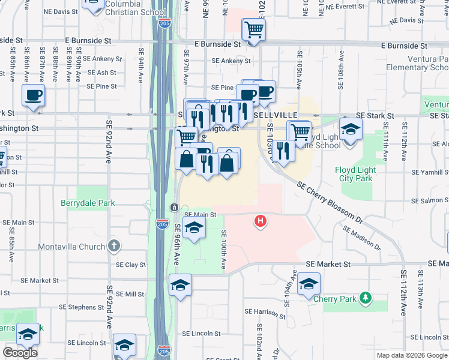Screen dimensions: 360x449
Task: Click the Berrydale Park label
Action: (88, 203)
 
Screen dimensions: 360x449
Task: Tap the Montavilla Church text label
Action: (71, 247)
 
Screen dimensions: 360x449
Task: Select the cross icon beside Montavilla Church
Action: (114, 246)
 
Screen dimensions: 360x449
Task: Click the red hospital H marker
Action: (261, 221)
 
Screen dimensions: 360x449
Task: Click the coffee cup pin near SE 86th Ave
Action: (33, 95)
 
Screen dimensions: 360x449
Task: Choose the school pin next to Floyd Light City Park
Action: (351, 128)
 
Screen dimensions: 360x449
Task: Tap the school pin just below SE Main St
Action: (193, 228)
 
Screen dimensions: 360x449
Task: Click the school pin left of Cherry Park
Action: (309, 284)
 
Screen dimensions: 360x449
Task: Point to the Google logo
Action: (20, 353)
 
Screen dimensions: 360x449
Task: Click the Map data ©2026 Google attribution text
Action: (412, 355)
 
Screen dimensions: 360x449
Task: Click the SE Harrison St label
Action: (265, 313)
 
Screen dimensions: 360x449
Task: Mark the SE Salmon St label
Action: (428, 201)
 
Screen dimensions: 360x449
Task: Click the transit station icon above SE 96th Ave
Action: (173, 208)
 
